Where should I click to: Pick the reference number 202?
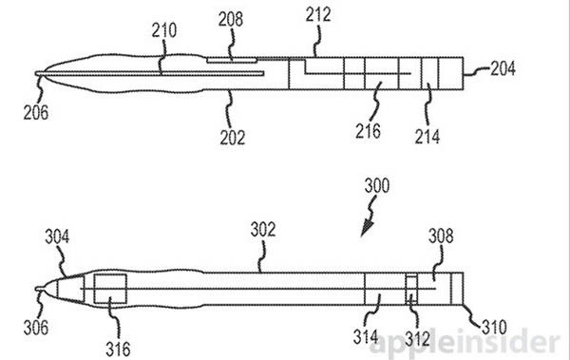point(231,137)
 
